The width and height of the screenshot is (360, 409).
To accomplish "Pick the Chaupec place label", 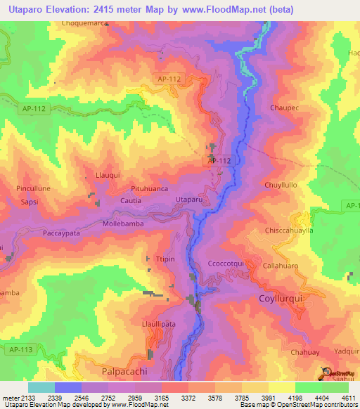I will [x=285, y=108].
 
